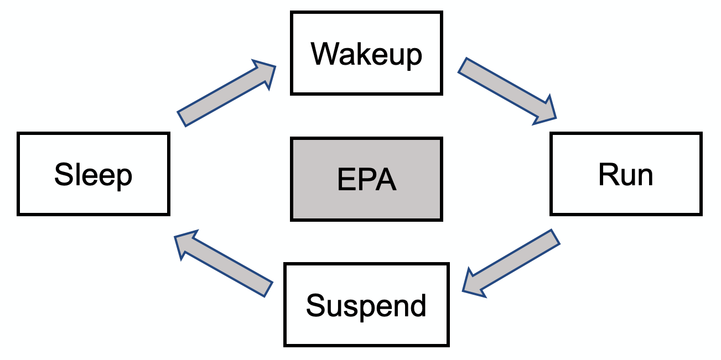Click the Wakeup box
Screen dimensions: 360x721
tap(366, 53)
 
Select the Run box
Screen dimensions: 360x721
tap(625, 174)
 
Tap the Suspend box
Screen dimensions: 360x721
tap(366, 305)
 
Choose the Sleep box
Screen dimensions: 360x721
tap(93, 174)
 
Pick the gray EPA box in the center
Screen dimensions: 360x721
tap(366, 179)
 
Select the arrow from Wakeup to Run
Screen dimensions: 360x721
tap(507, 90)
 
